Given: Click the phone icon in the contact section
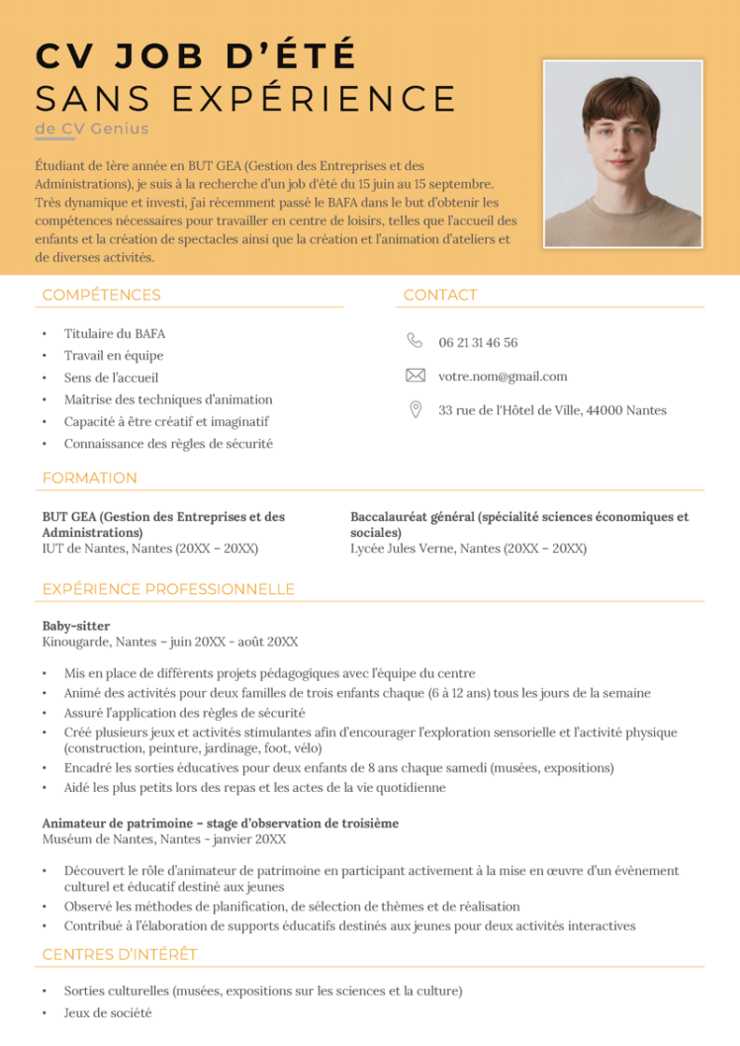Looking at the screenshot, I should tap(415, 341).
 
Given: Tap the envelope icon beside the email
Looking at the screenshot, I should tap(416, 376).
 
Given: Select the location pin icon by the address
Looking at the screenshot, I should tap(416, 409).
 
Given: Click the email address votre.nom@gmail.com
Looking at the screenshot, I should tap(503, 377).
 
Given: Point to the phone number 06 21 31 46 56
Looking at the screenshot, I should tap(478, 343).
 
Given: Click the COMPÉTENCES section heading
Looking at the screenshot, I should tap(101, 295).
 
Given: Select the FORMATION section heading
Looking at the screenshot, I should tap(89, 479).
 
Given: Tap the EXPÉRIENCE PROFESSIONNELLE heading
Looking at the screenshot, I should tap(168, 589).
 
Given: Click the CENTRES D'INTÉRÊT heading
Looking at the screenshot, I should tap(120, 954).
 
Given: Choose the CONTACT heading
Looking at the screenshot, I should tap(440, 295).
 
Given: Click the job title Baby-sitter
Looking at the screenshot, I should tap(75, 626).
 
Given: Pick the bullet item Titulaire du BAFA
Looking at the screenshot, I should tap(115, 334).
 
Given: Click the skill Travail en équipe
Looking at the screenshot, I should tap(114, 356).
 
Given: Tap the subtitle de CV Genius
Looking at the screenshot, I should tap(91, 129).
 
